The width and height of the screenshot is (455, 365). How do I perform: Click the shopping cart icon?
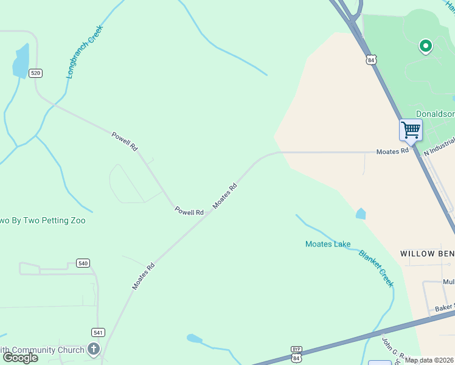411,130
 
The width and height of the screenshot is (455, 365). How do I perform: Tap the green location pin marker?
426,46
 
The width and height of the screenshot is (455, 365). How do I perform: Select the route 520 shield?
35,73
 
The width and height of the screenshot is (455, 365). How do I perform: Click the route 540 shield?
83,263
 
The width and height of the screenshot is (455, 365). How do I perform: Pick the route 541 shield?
98,332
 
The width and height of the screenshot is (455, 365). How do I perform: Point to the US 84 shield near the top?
372,60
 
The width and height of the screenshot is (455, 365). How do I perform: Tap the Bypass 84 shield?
296,354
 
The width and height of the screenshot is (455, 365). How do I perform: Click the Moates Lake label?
327,244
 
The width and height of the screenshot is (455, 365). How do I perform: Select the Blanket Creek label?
376,268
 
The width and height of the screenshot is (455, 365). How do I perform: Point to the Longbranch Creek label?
85,51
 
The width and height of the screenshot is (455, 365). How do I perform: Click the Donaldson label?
434,114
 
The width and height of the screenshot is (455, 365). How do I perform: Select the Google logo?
20,357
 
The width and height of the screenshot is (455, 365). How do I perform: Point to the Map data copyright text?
429,360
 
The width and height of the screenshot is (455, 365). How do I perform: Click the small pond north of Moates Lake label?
361,214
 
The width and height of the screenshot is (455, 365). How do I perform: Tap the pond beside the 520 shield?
21,61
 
